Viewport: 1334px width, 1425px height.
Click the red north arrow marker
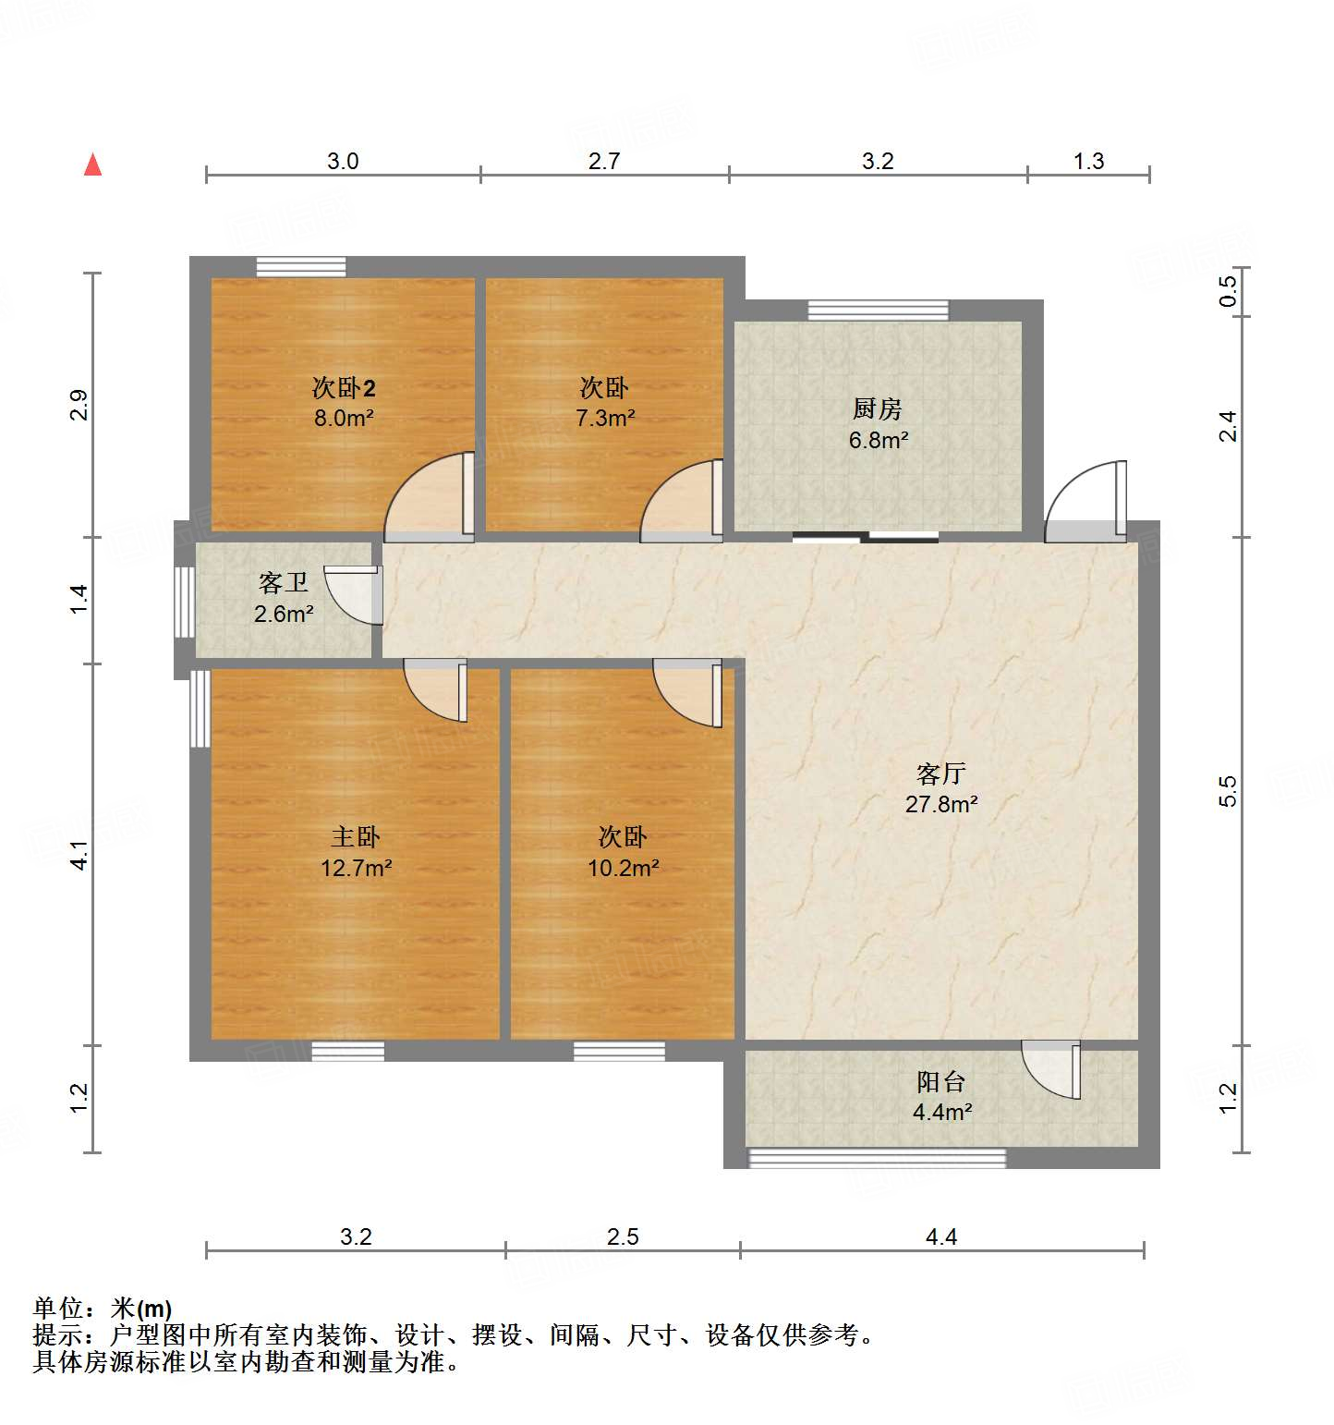click(92, 164)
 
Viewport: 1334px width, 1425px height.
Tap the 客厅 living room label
click(940, 773)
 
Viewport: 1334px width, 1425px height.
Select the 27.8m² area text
click(940, 804)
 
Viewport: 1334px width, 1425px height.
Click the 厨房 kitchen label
click(877, 408)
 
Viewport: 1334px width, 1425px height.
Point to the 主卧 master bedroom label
click(356, 837)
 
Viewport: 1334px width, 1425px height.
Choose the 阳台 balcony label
click(940, 1081)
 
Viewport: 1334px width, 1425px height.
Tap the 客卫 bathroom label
click(283, 583)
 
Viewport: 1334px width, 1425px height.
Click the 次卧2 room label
click(343, 388)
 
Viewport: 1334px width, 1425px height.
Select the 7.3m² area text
click(604, 418)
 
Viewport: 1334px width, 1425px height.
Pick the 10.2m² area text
click(623, 868)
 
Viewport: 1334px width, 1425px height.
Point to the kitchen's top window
click(878, 311)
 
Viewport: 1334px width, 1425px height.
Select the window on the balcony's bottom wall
click(876, 1158)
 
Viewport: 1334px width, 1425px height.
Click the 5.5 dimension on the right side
click(1227, 791)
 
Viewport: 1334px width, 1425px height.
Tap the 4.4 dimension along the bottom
click(940, 1236)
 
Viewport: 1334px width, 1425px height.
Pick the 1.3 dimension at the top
click(1088, 162)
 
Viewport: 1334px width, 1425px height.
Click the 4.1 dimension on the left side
click(80, 855)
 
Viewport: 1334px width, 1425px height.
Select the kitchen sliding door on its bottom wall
click(866, 536)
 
